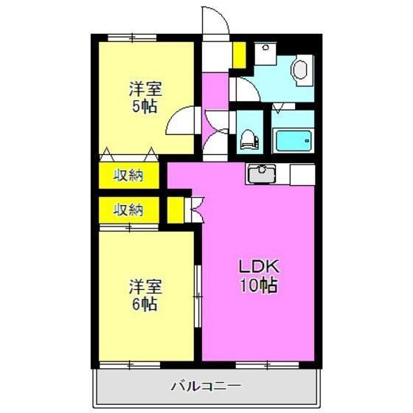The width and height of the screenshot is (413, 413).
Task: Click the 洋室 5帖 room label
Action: [x=146, y=97]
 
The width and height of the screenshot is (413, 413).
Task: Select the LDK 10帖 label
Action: [x=257, y=276]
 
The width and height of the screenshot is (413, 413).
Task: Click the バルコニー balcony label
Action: [x=206, y=386]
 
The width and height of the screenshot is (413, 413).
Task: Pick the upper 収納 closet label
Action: [x=128, y=176]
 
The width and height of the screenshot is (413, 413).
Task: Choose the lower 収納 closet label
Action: [x=128, y=209]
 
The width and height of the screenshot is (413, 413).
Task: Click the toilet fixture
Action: [x=251, y=138]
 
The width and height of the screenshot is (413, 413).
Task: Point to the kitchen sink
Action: [x=260, y=175]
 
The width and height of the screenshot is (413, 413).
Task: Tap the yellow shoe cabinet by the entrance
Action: [x=240, y=53]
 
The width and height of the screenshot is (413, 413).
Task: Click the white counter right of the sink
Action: [x=302, y=175]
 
